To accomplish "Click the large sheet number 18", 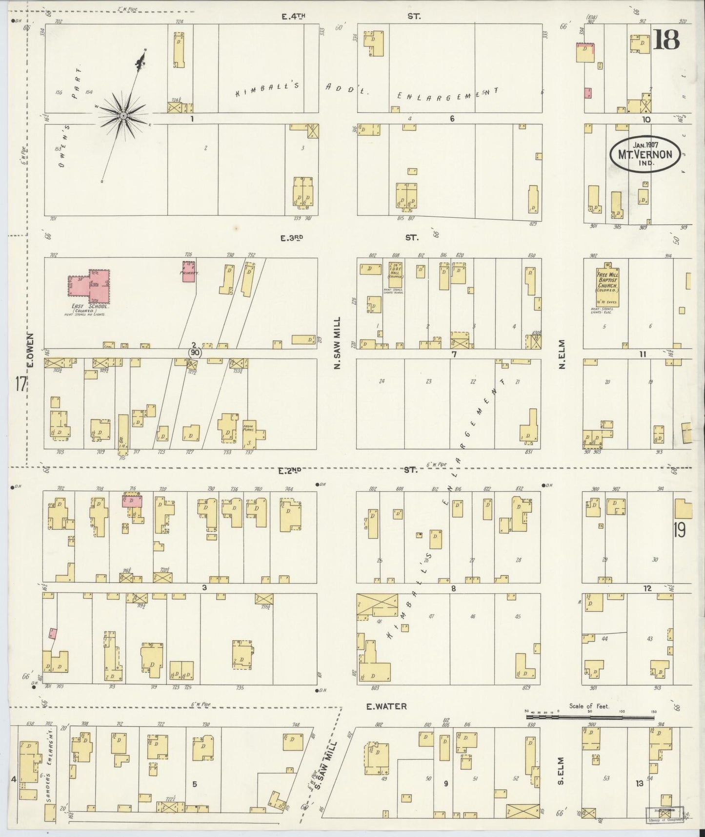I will tap(666, 40).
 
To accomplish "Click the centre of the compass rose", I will tap(123, 115).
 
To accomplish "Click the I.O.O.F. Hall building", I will tap(395, 276).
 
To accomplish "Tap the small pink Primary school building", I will tap(189, 273).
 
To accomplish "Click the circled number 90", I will tap(195, 352).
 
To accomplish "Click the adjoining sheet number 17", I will tap(20, 384).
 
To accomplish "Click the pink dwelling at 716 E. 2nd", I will tap(132, 501).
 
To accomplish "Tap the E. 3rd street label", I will tap(292, 238).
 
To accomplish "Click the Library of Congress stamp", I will tap(665, 814).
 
